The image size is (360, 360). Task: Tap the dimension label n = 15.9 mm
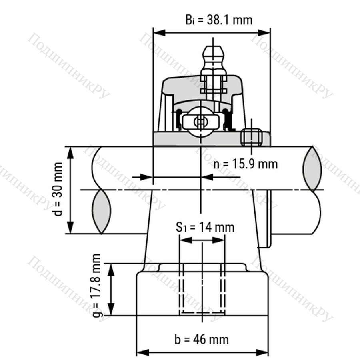point(245,164)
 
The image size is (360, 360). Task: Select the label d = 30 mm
point(58,189)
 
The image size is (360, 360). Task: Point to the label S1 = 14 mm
point(205,227)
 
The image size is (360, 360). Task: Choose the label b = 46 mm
point(202,340)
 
